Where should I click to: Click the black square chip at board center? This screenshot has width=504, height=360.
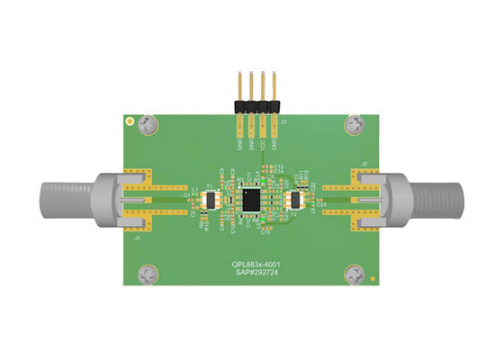pos(252,200)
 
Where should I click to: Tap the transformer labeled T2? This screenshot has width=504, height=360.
pos(293,201)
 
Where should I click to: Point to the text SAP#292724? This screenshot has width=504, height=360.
pos(253,272)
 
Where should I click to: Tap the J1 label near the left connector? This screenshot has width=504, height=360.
pos(136,238)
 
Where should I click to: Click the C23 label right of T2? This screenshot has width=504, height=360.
pos(321,205)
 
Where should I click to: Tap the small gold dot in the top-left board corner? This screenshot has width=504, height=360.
pos(130,119)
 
